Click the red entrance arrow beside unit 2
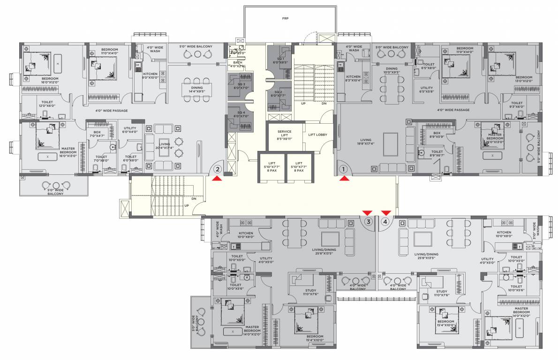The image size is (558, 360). (217, 178)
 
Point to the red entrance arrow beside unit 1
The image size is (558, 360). (344, 178)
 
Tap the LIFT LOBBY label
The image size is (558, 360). (317, 135)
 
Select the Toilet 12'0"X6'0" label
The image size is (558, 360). (47, 104)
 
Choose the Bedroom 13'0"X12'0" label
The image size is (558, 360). (524, 79)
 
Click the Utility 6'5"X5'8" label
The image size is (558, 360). (426, 90)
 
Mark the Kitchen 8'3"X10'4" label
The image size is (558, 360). (353, 79)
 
